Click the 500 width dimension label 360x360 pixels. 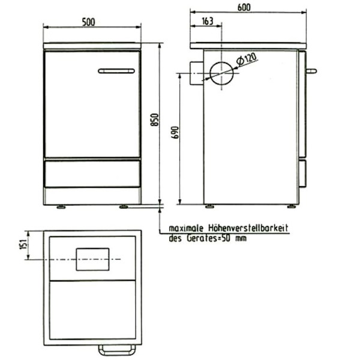[x=88, y=22]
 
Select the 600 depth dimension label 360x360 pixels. [x=244, y=8]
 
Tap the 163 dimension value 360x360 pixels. [x=208, y=22]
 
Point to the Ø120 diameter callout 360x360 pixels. [x=247, y=59]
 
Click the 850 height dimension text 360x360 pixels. [x=155, y=119]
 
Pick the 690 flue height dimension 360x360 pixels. [x=175, y=133]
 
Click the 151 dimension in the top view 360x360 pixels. [x=23, y=245]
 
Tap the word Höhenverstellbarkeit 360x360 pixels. [x=248, y=228]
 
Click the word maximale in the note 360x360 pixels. [x=186, y=229]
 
